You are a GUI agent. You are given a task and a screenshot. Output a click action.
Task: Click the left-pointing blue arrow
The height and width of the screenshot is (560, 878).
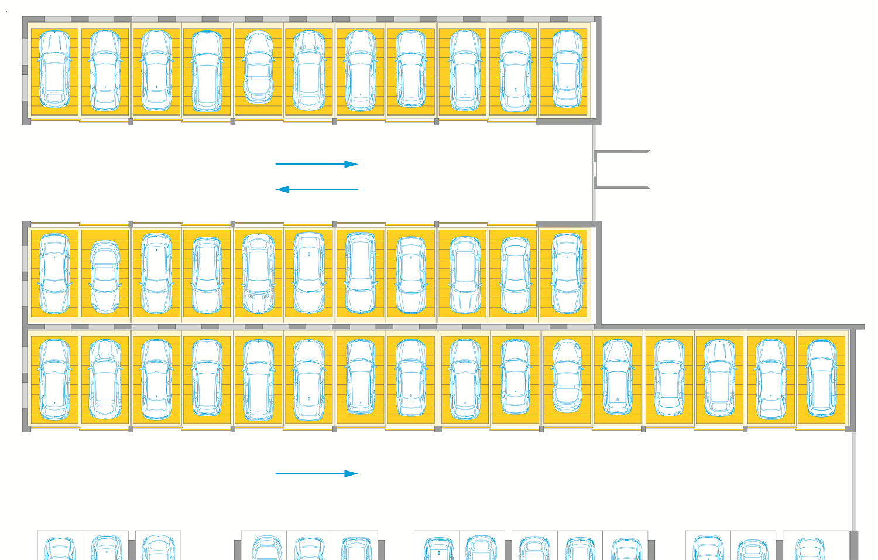pyautogui.click(x=317, y=189)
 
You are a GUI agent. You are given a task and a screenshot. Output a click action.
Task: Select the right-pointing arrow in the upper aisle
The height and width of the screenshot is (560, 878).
pyautogui.click(x=317, y=164)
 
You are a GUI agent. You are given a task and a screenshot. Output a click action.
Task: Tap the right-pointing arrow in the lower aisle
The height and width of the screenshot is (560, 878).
pyautogui.click(x=317, y=473)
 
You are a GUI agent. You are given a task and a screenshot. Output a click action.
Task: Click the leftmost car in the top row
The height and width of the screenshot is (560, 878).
pyautogui.click(x=54, y=70)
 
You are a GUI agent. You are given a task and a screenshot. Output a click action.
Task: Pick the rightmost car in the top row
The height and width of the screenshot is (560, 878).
pyautogui.click(x=567, y=70)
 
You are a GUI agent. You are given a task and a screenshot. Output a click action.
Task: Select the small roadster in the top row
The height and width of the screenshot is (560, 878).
pyautogui.click(x=258, y=67)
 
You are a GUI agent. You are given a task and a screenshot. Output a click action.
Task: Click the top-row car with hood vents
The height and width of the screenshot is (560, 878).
pyautogui.click(x=309, y=70)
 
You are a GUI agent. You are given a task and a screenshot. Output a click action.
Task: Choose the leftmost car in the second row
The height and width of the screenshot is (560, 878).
pyautogui.click(x=54, y=273)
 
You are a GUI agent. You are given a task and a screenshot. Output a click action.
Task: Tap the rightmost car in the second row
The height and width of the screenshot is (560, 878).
pyautogui.click(x=567, y=273)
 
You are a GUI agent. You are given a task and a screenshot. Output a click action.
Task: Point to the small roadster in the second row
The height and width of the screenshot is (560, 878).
pyautogui.click(x=105, y=276)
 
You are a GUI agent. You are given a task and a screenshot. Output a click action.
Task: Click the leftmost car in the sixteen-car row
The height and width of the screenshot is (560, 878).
pyautogui.click(x=54, y=379)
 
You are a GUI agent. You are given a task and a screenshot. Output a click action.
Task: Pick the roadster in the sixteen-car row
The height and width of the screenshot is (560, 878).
pyautogui.click(x=567, y=375)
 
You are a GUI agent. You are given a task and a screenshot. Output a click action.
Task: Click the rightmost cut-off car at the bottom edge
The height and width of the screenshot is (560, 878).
pyautogui.click(x=810, y=549)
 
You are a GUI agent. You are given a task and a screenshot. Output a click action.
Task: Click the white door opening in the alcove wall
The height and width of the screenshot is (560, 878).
pyautogui.click(x=595, y=169)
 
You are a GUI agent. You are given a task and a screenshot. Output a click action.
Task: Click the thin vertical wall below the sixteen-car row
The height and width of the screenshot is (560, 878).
pyautogui.click(x=853, y=480)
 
